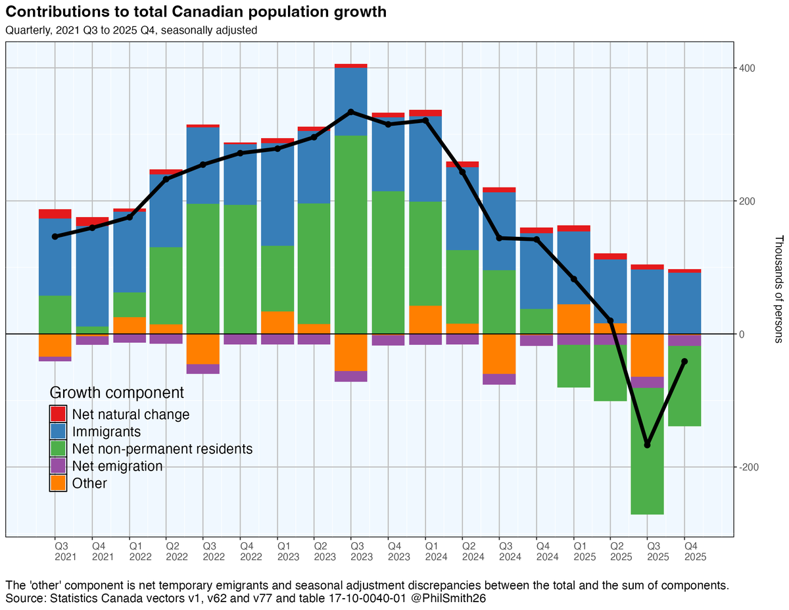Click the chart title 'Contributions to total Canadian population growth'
click(196, 13)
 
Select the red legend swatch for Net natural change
click(58, 415)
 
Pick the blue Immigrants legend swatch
click(58, 432)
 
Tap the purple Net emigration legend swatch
click(58, 466)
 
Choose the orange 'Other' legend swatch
click(58, 483)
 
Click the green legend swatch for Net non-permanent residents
click(58, 449)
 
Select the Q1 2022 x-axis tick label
click(137, 551)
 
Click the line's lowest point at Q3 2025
click(648, 445)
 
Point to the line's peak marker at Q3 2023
click(351, 112)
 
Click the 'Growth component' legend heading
click(116, 393)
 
